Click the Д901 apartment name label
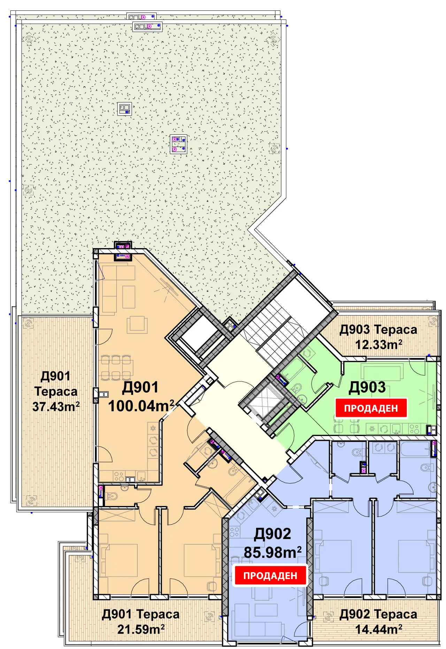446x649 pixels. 140,387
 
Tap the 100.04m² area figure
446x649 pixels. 141,406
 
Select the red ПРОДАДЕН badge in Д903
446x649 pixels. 371,408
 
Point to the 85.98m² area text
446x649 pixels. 272,552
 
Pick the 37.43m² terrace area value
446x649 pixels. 56,406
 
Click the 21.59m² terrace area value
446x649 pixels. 141,629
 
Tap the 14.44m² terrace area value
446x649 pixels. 378,629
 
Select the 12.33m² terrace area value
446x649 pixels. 378,345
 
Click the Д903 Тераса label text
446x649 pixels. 378,329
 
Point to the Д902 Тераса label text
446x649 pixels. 378,614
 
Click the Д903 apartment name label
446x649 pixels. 367,387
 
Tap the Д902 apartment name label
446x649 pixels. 272,534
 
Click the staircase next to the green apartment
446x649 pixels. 275,332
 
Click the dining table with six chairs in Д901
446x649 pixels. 116,367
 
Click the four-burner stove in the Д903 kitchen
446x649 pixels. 414,429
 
